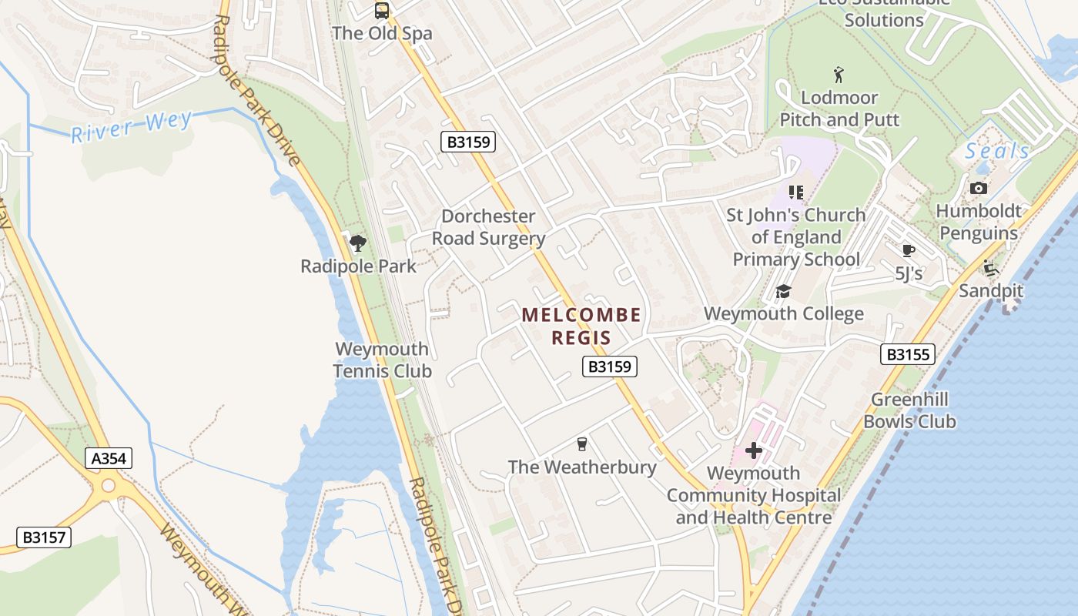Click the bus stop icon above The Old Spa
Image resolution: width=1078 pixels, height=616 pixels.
pyautogui.click(x=382, y=11)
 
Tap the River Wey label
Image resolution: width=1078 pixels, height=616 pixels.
pyautogui.click(x=132, y=128)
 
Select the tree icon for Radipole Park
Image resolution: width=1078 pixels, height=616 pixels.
pyautogui.click(x=357, y=243)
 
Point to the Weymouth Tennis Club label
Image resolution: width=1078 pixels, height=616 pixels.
pyautogui.click(x=382, y=360)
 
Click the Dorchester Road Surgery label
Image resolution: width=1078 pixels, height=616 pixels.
pyautogui.click(x=488, y=227)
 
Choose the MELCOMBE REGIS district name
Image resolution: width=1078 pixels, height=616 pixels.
pyautogui.click(x=581, y=326)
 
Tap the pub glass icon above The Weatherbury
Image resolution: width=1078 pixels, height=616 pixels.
pyautogui.click(x=582, y=444)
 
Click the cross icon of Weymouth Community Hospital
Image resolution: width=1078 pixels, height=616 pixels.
pyautogui.click(x=754, y=450)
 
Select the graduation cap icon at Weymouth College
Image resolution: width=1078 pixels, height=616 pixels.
pyautogui.click(x=783, y=291)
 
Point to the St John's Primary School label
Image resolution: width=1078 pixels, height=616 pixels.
pyautogui.click(x=796, y=237)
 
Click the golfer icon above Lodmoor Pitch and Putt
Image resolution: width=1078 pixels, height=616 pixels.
pyautogui.click(x=839, y=75)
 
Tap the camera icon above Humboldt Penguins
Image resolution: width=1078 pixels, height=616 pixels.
pyautogui.click(x=979, y=188)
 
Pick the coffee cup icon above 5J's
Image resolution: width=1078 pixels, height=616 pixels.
pyautogui.click(x=909, y=250)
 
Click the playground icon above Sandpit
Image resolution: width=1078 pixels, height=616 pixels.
pyautogui.click(x=990, y=268)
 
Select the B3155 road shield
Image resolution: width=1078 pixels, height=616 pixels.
pyautogui.click(x=908, y=354)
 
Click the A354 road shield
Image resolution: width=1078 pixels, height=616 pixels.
pyautogui.click(x=109, y=459)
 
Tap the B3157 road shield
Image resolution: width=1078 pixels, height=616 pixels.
pyautogui.click(x=44, y=537)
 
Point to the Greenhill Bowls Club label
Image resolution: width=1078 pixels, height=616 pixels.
pyautogui.click(x=909, y=410)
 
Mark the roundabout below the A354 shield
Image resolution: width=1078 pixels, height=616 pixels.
pyautogui.click(x=109, y=485)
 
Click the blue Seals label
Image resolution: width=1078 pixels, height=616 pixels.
pyautogui.click(x=998, y=151)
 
